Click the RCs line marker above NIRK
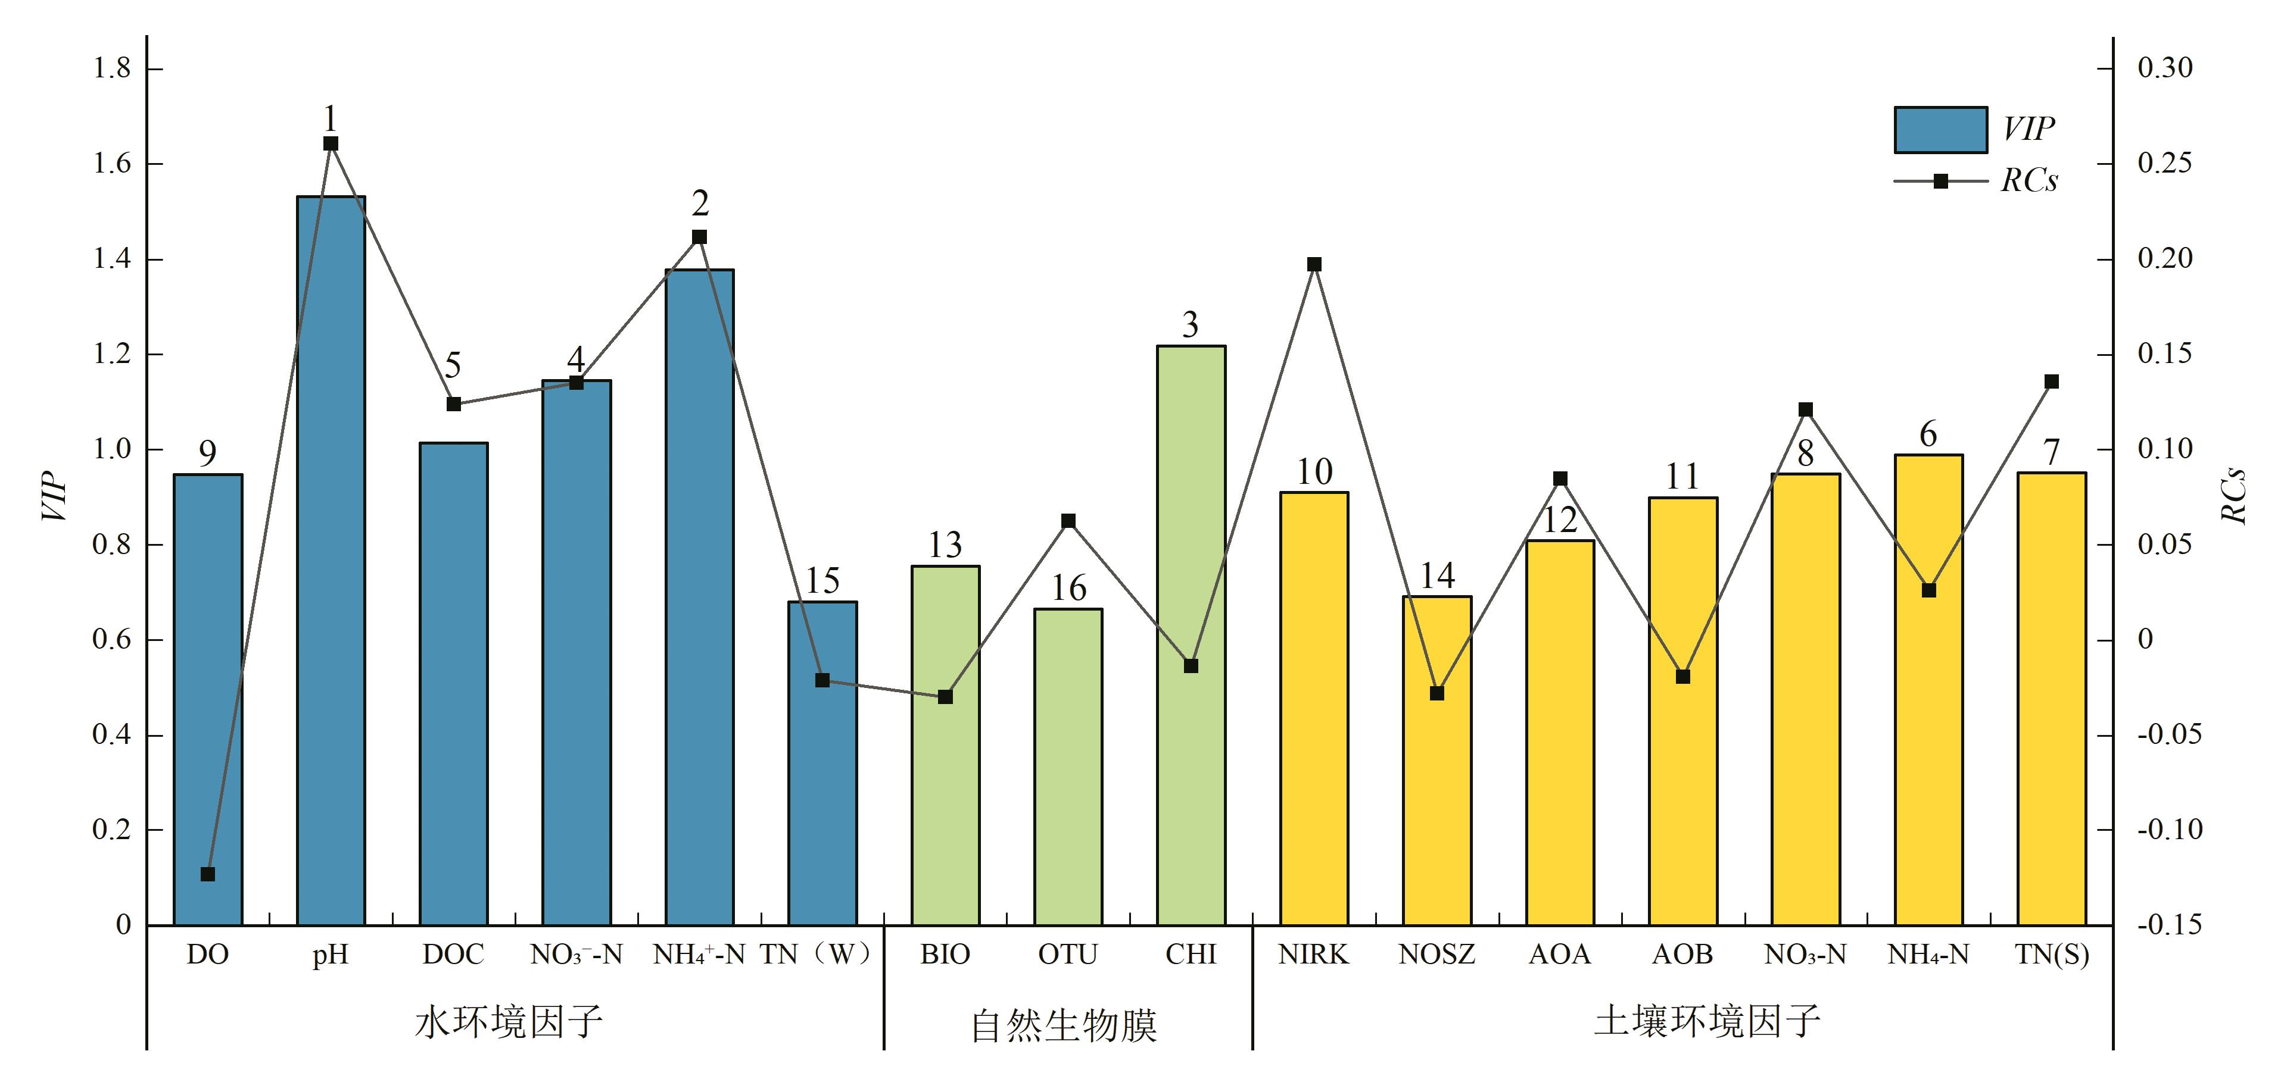[x=1314, y=264]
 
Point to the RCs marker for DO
[x=207, y=874]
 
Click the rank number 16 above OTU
[x=1068, y=587]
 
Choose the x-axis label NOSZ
[x=1437, y=955]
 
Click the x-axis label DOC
[x=453, y=955]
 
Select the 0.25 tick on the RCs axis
[x=2164, y=163]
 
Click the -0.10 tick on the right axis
[x=2168, y=830]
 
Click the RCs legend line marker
[x=1940, y=181]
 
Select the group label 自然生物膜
[x=1064, y=1025]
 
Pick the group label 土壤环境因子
[x=1707, y=1021]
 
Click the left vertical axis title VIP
[x=55, y=496]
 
